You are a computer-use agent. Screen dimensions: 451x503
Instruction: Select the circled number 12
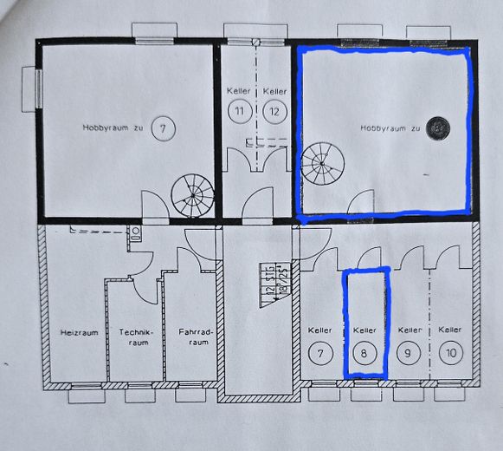point(274,111)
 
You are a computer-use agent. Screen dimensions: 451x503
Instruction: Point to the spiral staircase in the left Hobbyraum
point(192,195)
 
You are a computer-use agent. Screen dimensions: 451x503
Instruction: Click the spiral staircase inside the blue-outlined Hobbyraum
point(323,164)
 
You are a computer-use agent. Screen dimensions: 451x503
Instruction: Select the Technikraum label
point(136,337)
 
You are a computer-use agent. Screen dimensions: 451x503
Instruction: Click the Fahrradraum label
point(192,337)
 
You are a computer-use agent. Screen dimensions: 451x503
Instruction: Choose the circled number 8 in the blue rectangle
point(364,353)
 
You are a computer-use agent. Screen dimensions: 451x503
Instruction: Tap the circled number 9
point(408,353)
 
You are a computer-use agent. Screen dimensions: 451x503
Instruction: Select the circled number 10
point(449,353)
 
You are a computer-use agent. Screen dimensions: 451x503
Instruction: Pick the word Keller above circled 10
point(449,330)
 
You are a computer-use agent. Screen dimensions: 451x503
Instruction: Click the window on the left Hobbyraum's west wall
point(38,89)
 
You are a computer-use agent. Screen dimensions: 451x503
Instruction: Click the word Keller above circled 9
point(408,330)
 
